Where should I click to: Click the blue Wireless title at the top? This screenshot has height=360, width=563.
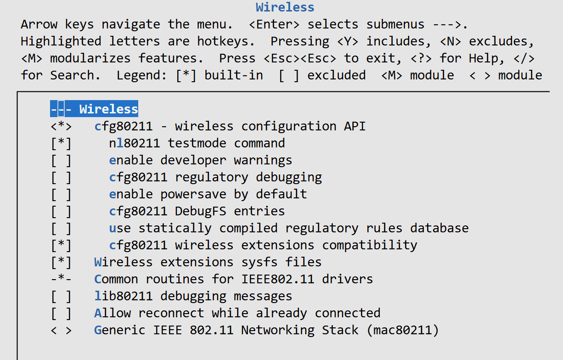pos(285,7)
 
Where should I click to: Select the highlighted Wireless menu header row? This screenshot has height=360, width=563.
pos(94,109)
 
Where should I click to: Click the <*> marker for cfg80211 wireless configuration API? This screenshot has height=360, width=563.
pos(61,126)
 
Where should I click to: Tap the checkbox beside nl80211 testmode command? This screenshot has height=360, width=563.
pos(61,143)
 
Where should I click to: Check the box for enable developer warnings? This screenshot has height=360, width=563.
pos(61,160)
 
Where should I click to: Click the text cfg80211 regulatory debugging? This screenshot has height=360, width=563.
pos(215,177)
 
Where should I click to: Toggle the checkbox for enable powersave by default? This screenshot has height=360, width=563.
pos(61,194)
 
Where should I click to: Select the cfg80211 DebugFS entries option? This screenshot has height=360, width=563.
pos(197,211)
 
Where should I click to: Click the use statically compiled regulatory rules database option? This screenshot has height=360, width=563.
pos(288,228)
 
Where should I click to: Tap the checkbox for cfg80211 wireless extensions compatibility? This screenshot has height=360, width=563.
pos(61,245)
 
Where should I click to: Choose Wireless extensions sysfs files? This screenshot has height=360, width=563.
pos(208,262)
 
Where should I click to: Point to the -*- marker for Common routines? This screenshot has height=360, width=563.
pos(61,279)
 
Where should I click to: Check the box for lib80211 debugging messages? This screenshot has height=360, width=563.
pos(61,296)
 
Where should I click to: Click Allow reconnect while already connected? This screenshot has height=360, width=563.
pos(237,313)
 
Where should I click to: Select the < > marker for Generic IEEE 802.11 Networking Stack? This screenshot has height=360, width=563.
pos(61,330)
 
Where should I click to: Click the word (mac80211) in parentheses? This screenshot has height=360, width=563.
pos(403,330)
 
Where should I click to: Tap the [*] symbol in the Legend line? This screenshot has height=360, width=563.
pos(186,75)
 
